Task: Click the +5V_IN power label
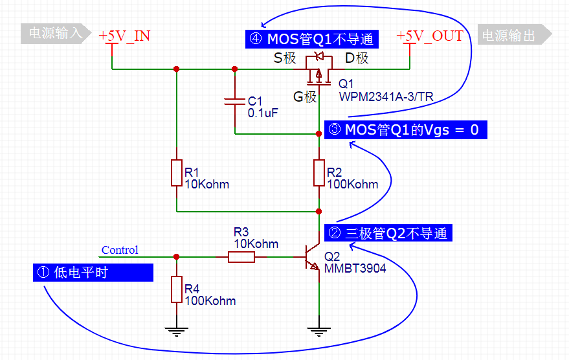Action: (124, 36)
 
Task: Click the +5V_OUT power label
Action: (430, 36)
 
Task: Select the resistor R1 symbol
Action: (177, 173)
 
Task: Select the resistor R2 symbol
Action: (318, 173)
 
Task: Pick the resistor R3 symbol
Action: (241, 257)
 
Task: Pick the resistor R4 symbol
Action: (177, 289)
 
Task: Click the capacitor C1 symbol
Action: (235, 101)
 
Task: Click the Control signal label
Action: (120, 250)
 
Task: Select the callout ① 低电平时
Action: (93, 273)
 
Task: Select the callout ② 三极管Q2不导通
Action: (388, 233)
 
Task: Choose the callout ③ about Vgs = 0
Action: (404, 129)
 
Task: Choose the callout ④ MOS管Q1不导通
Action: (311, 39)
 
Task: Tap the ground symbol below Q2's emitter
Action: (318, 332)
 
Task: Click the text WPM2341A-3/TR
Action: (386, 96)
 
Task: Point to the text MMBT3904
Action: (355, 267)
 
